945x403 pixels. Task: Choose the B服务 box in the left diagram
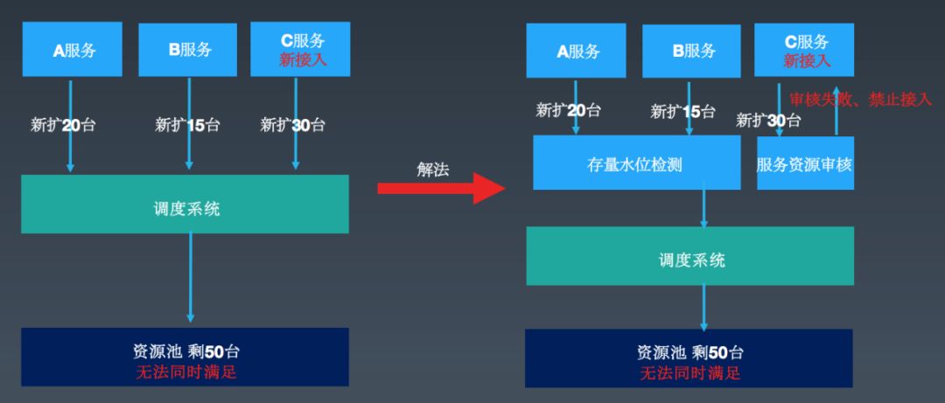(188, 50)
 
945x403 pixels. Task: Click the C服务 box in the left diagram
(301, 50)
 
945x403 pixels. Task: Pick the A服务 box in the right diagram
(576, 51)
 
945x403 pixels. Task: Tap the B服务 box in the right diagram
(691, 51)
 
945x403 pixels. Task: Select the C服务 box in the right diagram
(805, 51)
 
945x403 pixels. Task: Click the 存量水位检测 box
(634, 163)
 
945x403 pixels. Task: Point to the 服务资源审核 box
(805, 163)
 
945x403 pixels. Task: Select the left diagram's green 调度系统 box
(185, 205)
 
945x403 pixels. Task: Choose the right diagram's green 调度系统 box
(689, 256)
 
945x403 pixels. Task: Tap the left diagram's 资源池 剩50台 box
(185, 357)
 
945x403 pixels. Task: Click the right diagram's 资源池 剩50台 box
(689, 358)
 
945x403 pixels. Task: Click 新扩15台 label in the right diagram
(682, 112)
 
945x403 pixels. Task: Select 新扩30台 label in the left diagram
(293, 125)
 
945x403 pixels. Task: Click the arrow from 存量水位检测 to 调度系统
(704, 208)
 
